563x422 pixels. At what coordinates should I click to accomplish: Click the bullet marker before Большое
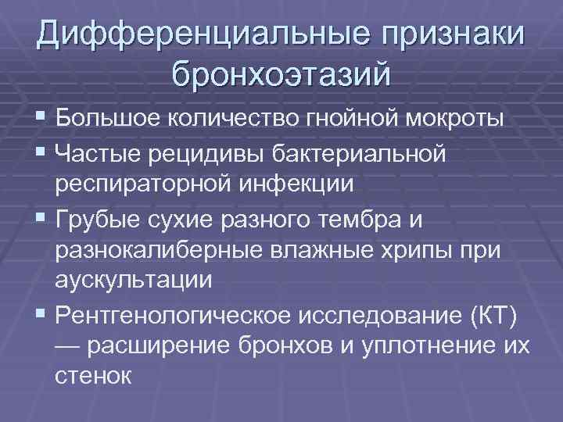(40, 121)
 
